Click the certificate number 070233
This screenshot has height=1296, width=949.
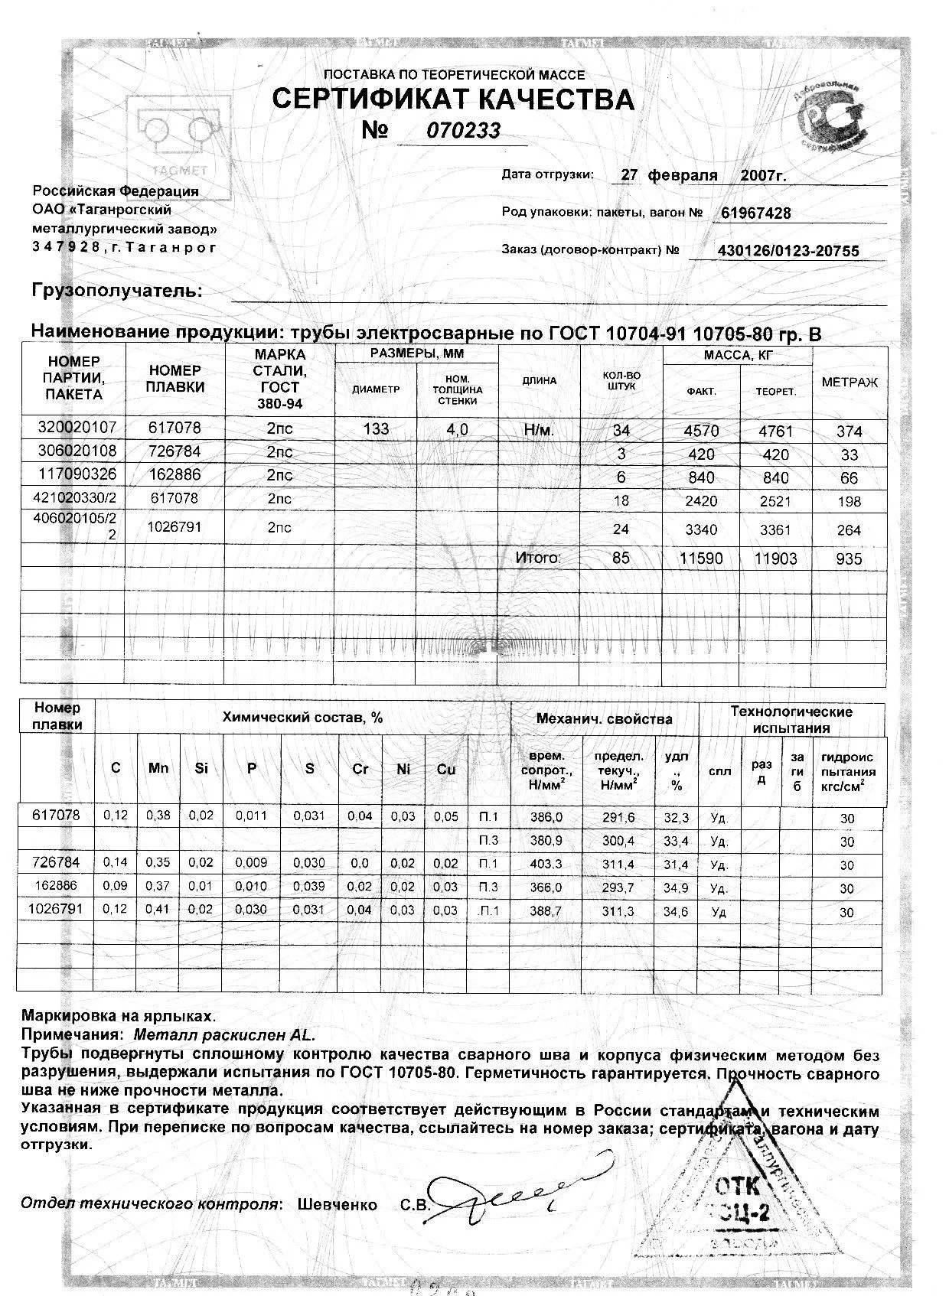pos(464,131)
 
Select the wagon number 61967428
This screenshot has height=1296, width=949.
pos(756,213)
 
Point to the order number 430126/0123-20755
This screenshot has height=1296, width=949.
pos(788,251)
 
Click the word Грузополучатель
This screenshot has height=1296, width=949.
pos(116,291)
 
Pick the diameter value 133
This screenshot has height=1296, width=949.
pos(376,429)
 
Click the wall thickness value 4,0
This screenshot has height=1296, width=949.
pos(457,429)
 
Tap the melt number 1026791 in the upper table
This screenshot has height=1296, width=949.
pos(174,527)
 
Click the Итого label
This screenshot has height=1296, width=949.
pos(538,558)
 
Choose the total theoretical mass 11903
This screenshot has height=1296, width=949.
pos(775,559)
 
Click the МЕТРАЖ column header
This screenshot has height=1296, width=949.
pos(850,382)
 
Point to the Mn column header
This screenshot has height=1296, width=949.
pos(158,768)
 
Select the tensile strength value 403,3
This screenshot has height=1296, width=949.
pos(546,865)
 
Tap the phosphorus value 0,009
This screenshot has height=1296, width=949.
pos(252,865)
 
